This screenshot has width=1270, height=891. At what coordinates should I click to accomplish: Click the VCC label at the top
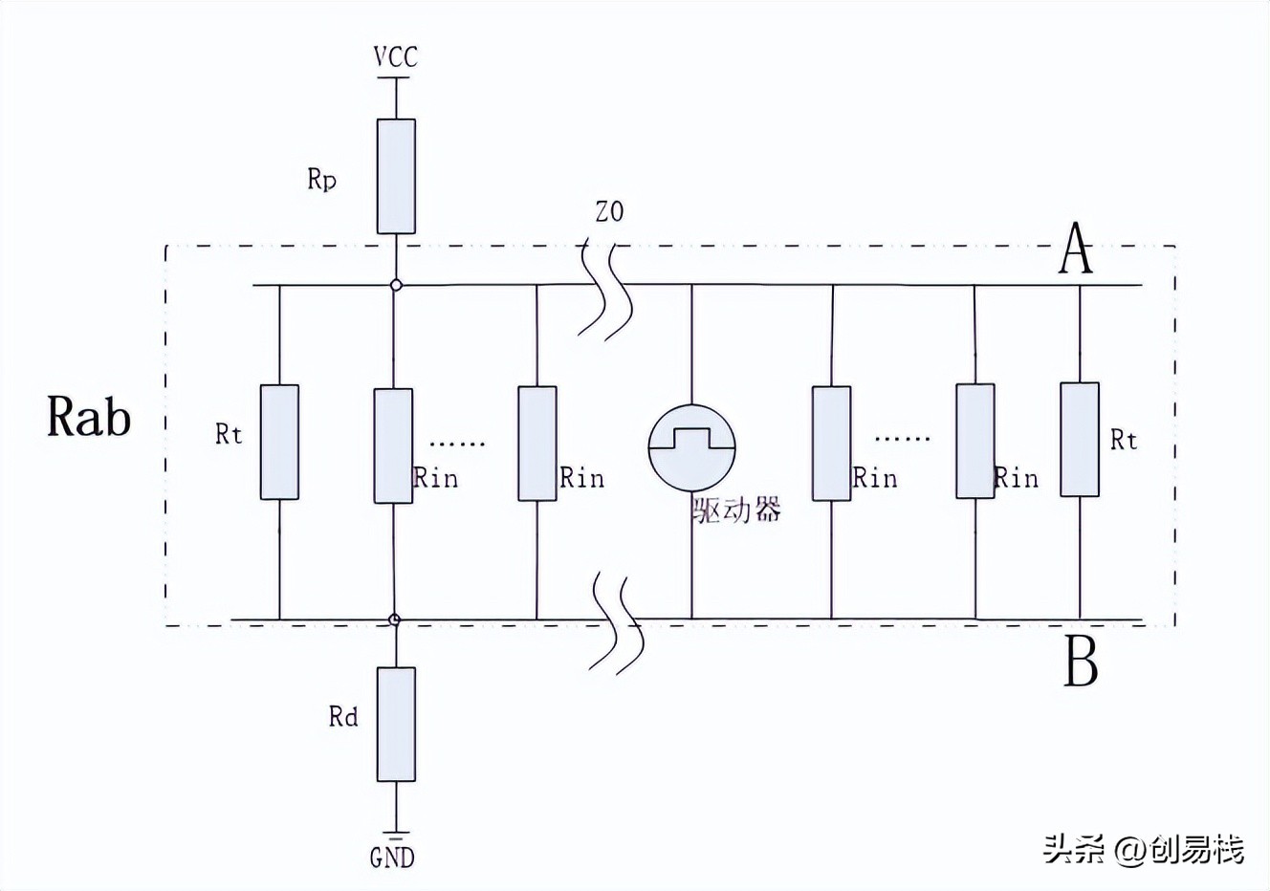[396, 57]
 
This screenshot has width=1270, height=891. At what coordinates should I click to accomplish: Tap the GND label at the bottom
[392, 857]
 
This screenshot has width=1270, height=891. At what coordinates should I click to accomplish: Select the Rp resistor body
[396, 176]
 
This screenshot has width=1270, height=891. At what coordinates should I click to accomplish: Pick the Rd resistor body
[396, 724]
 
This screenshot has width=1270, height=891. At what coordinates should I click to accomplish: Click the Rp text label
[321, 179]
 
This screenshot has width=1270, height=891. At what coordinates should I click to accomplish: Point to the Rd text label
[342, 717]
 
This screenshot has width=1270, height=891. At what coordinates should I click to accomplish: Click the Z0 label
[609, 211]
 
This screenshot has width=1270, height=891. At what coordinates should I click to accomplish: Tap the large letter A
[1076, 250]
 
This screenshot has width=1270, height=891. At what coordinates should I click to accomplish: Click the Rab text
[89, 418]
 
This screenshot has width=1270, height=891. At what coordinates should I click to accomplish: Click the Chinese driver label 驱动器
[736, 509]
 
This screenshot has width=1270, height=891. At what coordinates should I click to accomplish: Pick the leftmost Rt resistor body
[279, 442]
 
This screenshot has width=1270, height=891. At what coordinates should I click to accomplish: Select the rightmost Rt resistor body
[1080, 440]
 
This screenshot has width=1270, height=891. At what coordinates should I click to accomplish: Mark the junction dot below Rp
[396, 285]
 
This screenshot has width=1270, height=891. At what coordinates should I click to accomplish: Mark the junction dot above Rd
[396, 619]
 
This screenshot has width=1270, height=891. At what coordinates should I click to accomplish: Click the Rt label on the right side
[1124, 440]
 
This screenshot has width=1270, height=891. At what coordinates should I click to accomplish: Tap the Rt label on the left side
[229, 434]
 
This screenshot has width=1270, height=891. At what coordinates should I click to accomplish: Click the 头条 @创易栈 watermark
[1144, 849]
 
